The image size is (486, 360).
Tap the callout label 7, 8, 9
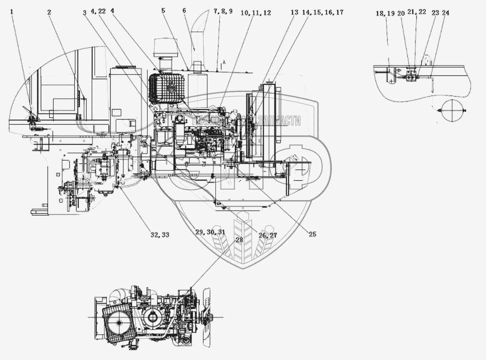pos(223,11)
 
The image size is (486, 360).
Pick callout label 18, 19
pos(385,13)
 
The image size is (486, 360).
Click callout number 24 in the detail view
pos(446,13)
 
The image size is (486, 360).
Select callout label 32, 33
pos(160,235)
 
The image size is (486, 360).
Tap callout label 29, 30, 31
pos(210,232)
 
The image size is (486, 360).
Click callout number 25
pos(313,234)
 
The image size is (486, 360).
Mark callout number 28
pos(239,240)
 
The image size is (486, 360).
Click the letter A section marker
pos(224,62)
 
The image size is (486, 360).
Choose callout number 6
pos(184,11)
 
